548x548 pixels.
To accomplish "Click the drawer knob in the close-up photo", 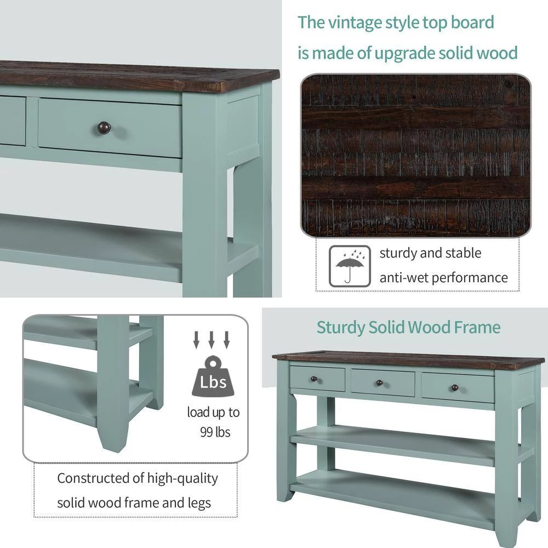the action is click(x=104, y=128).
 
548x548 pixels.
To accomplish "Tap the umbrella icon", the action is click(x=350, y=266).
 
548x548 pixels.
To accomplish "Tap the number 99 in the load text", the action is click(x=206, y=432).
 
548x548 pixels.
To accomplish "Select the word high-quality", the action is click(x=182, y=478).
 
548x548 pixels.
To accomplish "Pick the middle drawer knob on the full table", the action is click(x=379, y=383).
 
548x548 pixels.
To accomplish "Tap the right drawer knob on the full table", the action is click(x=455, y=387).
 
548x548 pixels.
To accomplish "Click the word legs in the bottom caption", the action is click(x=199, y=503).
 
